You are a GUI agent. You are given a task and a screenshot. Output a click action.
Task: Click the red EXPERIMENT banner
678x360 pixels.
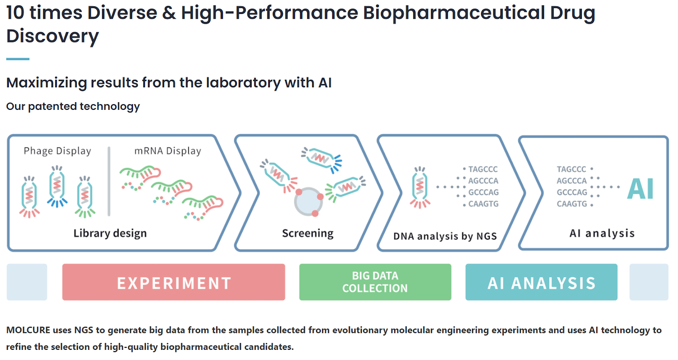173,282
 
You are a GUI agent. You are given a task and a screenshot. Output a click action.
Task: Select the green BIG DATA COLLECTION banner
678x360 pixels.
375,282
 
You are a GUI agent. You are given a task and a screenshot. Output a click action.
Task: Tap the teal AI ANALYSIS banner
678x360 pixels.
541,282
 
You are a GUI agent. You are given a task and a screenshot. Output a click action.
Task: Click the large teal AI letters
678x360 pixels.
640,188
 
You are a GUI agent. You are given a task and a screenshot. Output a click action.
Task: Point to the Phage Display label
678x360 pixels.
57,151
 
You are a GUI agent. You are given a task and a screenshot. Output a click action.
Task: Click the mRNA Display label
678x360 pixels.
168,151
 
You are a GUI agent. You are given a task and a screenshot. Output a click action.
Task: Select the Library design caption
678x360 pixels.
110,233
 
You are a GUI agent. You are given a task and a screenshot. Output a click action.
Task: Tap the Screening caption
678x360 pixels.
308,233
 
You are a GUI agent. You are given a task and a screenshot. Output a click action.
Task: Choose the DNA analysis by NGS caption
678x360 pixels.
445,236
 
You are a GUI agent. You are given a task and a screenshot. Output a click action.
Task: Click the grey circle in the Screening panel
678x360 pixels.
308,202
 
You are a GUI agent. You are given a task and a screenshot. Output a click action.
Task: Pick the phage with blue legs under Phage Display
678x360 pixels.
57,186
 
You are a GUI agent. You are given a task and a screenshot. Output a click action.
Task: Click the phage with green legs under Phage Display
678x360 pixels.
85,197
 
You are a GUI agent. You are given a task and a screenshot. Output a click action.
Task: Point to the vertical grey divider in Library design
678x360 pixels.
109,181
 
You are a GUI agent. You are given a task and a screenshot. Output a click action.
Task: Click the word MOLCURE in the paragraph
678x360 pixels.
28,330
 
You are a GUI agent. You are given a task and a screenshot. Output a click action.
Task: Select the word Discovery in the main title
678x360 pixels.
53,36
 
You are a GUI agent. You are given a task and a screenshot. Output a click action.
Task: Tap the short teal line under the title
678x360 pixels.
18,59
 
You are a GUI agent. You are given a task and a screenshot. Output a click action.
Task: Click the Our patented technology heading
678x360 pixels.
73,106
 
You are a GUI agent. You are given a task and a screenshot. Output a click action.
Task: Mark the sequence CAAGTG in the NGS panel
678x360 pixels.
483,204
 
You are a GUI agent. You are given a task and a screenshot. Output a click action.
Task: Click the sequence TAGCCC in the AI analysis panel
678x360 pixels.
572,169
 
